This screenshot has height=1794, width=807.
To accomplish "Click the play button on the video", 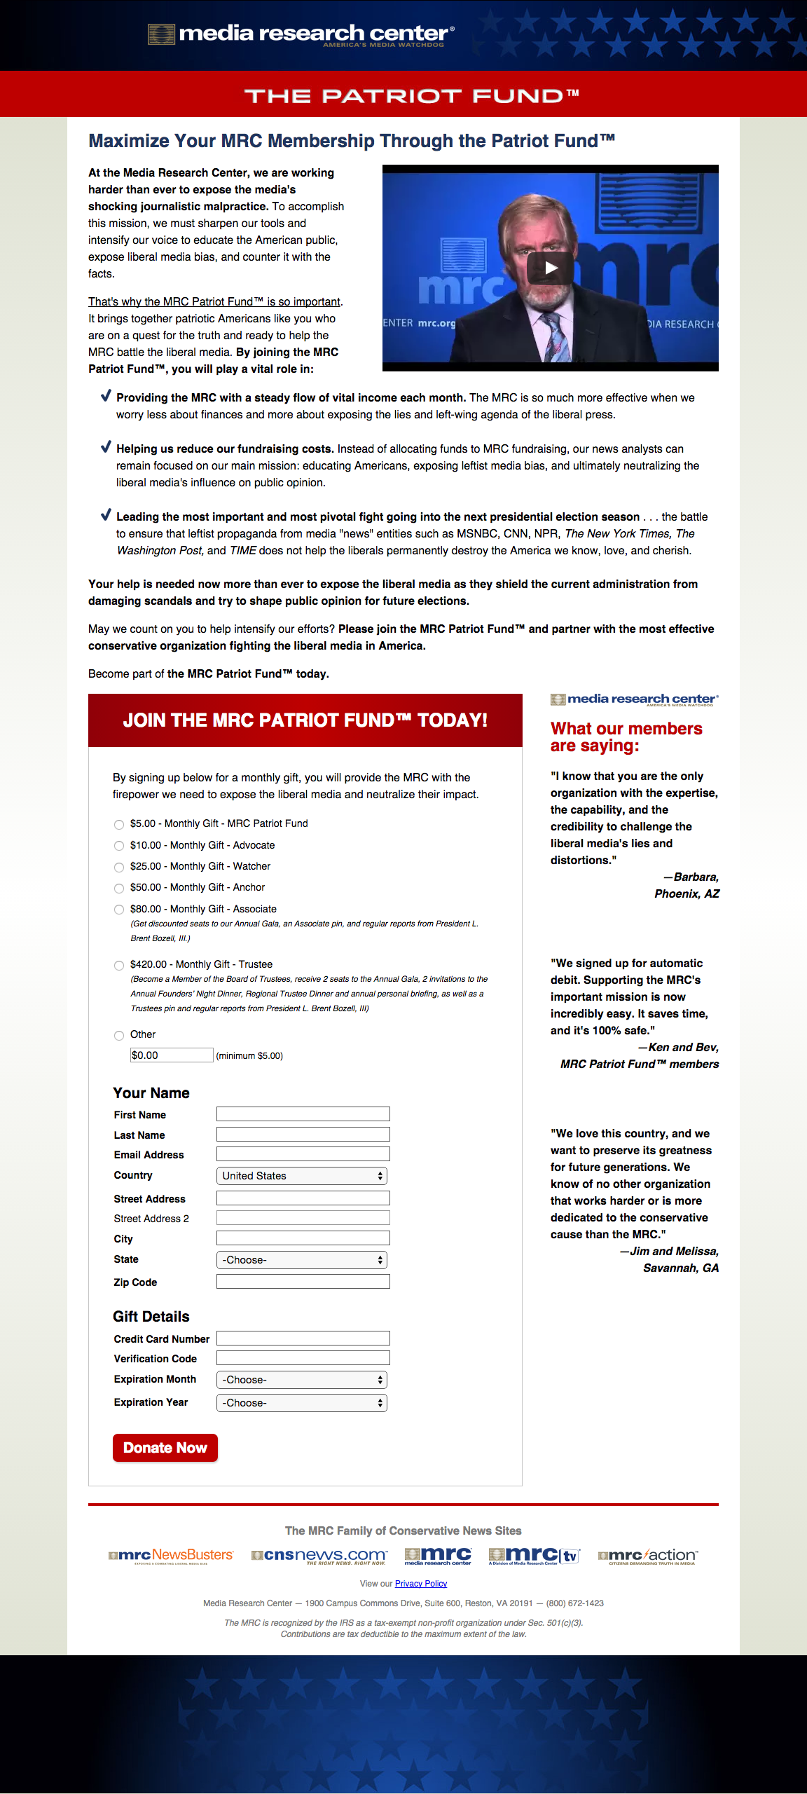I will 551,267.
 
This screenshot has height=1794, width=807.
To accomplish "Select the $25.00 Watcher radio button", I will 119,867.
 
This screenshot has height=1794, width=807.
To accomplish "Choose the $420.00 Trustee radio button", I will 119,965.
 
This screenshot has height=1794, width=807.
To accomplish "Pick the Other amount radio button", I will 119,1035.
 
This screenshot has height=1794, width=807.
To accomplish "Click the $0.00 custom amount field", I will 172,1055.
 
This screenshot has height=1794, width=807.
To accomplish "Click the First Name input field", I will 303,1114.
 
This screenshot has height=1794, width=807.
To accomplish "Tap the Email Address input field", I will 303,1154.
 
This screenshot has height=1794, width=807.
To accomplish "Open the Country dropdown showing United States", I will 302,1176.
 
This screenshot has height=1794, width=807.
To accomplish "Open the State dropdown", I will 302,1260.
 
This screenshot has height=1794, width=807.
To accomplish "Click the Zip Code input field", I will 303,1282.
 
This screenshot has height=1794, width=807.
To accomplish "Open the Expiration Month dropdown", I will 302,1380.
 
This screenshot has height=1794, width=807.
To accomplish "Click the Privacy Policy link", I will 421,1584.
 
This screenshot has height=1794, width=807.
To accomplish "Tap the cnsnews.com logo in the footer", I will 319,1556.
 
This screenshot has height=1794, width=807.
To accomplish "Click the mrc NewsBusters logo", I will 171,1556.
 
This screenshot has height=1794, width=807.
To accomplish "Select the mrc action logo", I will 648,1556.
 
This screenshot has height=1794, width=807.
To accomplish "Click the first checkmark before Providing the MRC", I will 106,396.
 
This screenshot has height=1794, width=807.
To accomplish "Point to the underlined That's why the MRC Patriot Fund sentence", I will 214,301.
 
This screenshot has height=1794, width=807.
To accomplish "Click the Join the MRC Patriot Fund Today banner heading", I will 305,720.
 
